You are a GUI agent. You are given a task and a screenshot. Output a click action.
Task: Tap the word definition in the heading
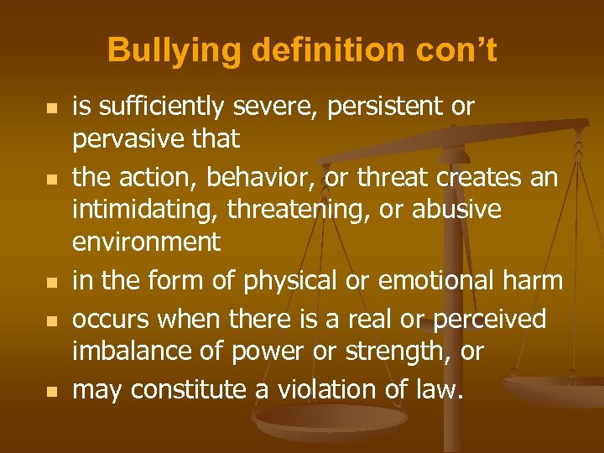click(x=302, y=50)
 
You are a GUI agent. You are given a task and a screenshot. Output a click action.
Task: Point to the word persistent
click(x=385, y=107)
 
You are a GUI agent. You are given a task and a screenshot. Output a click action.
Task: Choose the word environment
click(x=146, y=242)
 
